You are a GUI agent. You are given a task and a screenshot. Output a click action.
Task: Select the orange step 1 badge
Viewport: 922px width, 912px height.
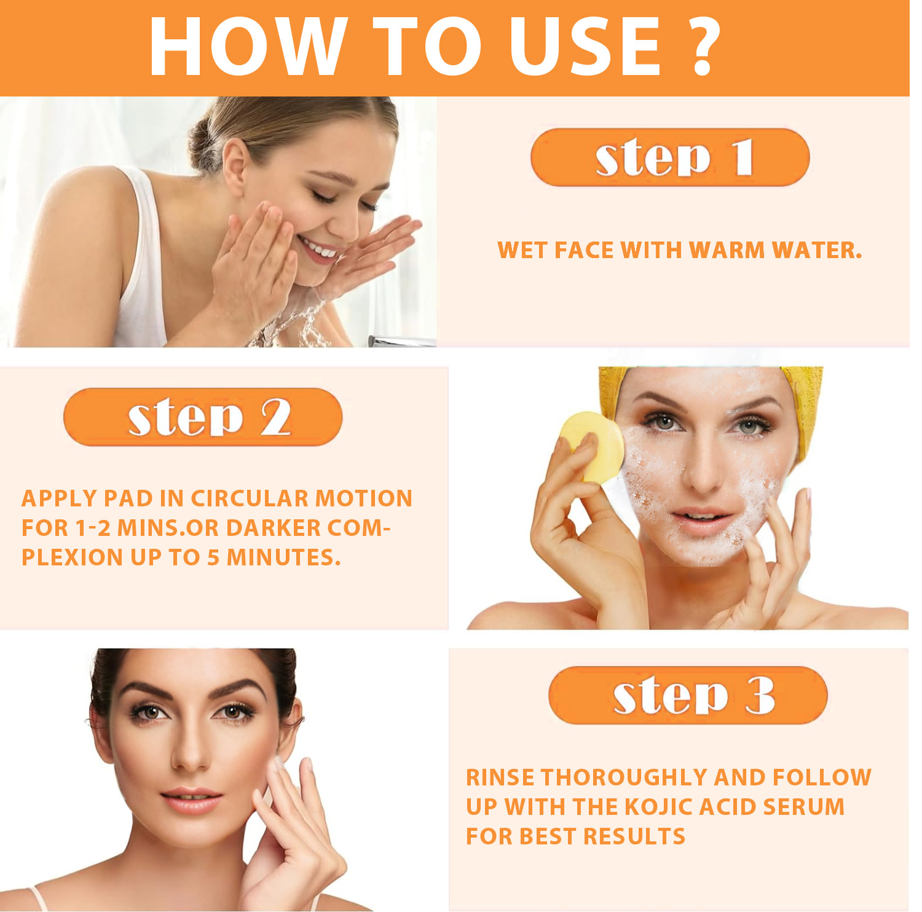tap(670, 157)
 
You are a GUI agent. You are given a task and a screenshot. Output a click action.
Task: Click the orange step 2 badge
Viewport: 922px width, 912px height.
tap(203, 417)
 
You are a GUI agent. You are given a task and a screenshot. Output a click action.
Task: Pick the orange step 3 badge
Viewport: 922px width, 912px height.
tap(688, 695)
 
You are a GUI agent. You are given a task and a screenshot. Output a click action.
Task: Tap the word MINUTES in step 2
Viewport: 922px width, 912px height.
tap(283, 557)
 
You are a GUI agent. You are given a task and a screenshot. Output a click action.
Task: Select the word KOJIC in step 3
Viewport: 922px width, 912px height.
tap(658, 807)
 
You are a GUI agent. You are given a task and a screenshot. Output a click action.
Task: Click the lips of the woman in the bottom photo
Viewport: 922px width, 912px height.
tap(191, 801)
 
